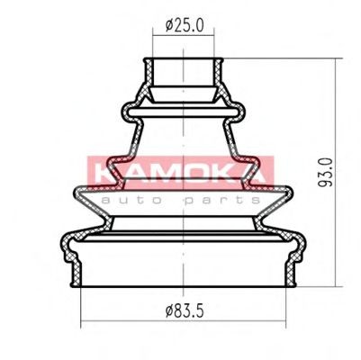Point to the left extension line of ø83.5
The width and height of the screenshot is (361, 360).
coord(81,306)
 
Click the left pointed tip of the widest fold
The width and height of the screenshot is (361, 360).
coord(72,191)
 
